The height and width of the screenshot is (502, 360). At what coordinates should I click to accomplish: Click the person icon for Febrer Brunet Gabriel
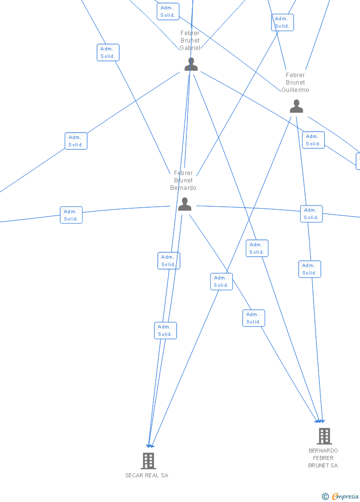[191, 64]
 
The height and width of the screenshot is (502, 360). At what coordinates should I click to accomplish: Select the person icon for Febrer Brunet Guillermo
[296, 106]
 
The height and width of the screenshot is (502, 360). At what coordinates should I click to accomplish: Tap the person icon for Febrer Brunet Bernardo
[184, 204]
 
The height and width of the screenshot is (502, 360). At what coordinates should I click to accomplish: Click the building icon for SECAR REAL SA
[148, 460]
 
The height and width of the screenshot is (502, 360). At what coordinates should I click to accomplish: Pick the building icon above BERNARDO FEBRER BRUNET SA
[324, 436]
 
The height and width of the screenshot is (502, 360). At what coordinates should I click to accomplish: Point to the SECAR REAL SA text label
[146, 475]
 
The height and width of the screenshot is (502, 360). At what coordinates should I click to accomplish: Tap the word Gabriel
[190, 48]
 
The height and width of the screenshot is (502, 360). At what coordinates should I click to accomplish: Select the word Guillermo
[295, 90]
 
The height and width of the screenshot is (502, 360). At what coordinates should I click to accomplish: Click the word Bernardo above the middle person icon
[183, 188]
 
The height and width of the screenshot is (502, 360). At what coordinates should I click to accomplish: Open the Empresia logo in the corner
[345, 496]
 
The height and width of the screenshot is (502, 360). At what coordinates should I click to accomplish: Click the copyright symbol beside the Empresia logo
[325, 497]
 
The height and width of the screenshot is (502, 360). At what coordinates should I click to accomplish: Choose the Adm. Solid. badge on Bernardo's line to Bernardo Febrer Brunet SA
[254, 318]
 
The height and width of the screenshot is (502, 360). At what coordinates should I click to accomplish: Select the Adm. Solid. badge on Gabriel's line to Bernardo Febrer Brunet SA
[257, 248]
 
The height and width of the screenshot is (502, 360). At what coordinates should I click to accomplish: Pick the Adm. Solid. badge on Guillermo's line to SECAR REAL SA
[221, 281]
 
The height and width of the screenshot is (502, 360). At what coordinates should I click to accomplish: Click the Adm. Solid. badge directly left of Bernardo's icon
[71, 215]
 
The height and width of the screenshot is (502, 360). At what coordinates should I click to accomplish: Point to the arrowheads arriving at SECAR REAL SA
[150, 446]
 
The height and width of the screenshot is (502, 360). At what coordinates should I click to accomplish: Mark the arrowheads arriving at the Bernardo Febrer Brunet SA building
[320, 421]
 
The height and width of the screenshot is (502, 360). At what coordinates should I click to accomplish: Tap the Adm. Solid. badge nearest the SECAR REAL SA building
[165, 330]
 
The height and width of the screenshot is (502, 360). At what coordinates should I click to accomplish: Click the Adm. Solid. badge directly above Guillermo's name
[282, 22]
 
